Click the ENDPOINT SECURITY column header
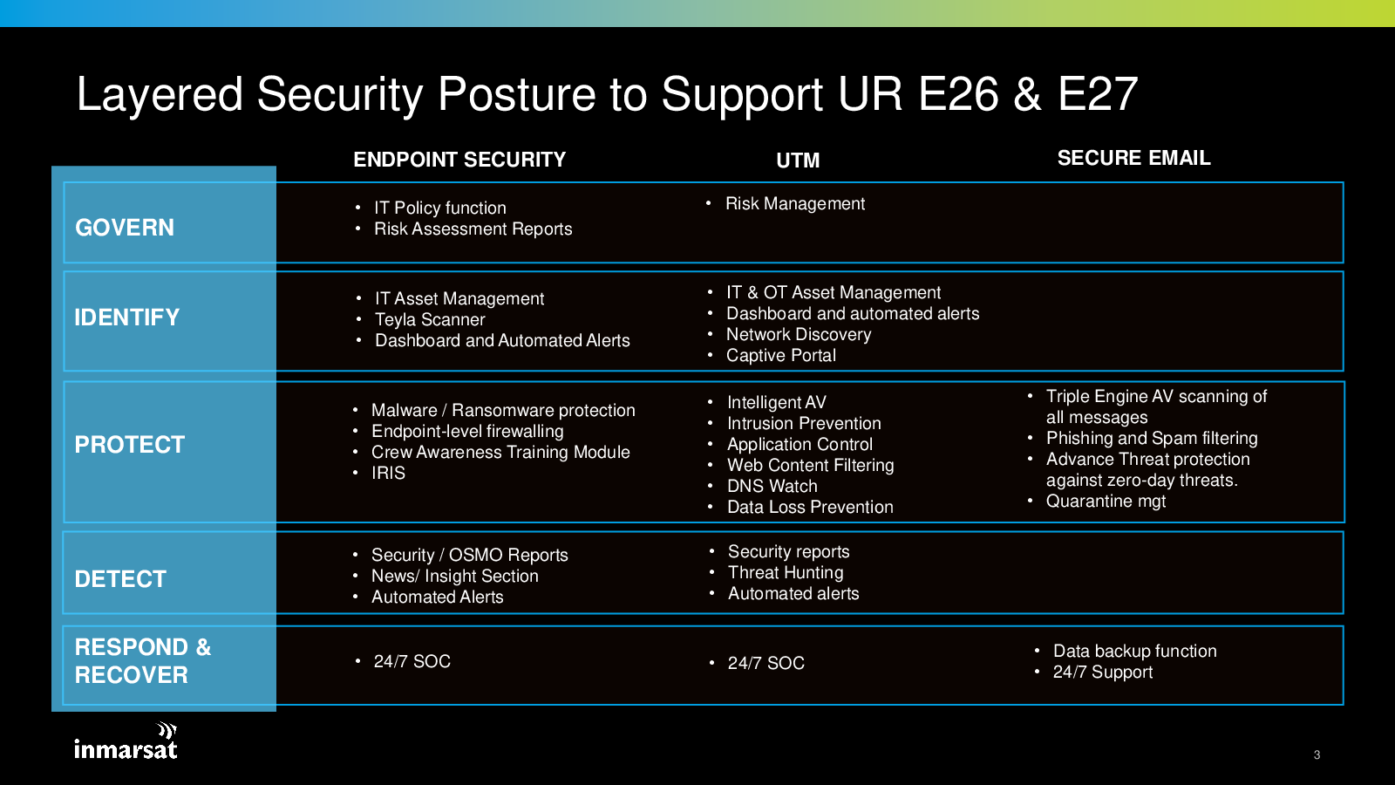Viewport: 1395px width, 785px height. coord(459,160)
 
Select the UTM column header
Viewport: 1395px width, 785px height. coord(798,160)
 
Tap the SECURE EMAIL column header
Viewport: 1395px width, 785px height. coord(1133,158)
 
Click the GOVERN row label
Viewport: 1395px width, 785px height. coord(125,228)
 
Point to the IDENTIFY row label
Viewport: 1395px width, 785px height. coord(126,317)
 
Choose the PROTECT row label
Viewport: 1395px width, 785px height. coord(129,445)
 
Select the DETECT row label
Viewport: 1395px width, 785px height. coord(120,579)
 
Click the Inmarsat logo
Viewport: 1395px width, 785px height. coord(126,742)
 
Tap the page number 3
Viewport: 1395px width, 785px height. coord(1317,755)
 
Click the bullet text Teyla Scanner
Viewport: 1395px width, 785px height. coord(430,320)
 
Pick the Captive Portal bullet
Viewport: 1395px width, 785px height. coord(780,356)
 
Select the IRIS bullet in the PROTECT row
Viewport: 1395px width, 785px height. coord(388,474)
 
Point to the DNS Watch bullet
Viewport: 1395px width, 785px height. coord(772,487)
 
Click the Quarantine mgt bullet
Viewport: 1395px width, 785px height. coord(1106,502)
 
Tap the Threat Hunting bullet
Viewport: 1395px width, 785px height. coord(786,573)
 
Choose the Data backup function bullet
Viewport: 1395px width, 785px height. coord(1134,652)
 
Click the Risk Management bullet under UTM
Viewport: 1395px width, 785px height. coord(795,204)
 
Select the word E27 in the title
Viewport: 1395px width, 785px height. coord(1098,94)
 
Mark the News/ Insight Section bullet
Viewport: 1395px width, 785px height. coord(454,577)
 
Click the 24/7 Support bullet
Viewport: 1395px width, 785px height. coord(1102,672)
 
